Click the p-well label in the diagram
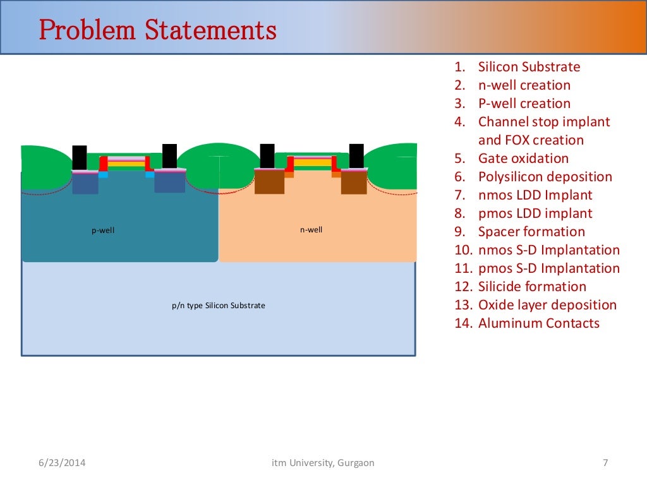pyautogui.click(x=103, y=231)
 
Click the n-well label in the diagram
pyautogui.click(x=311, y=230)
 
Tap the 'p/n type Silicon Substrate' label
pyautogui.click(x=218, y=306)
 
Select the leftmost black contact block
pyautogui.click(x=80, y=157)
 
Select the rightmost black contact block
pyautogui.click(x=356, y=156)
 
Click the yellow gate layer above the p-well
pyautogui.click(x=126, y=163)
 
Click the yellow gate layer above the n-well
pyautogui.click(x=313, y=162)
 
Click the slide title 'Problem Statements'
pyautogui.click(x=158, y=30)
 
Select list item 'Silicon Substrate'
pyautogui.click(x=529, y=67)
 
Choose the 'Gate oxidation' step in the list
pyautogui.click(x=523, y=159)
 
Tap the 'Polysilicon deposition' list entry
pyautogui.click(x=545, y=177)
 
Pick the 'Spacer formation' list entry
pyautogui.click(x=531, y=232)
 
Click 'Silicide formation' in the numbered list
pyautogui.click(x=532, y=287)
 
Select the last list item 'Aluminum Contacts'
pyautogui.click(x=538, y=323)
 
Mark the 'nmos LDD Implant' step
pyautogui.click(x=535, y=195)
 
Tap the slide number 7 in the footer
pyautogui.click(x=605, y=463)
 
